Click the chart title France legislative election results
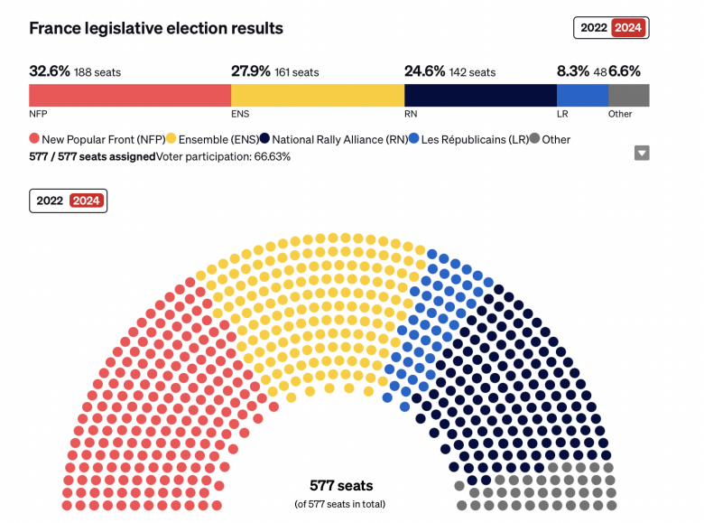(x=156, y=28)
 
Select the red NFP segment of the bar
(x=130, y=96)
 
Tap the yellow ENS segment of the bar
(x=318, y=96)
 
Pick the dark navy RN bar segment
(x=480, y=96)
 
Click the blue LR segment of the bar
(x=582, y=96)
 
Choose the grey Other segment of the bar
(x=628, y=96)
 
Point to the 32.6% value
(x=50, y=71)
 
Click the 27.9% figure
(x=252, y=71)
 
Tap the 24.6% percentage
(x=424, y=71)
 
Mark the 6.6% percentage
(x=628, y=71)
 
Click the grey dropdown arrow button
(x=642, y=154)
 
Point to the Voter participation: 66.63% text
(x=223, y=156)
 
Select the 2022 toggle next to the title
(x=594, y=28)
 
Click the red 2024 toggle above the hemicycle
(x=88, y=201)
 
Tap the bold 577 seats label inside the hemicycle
(x=341, y=486)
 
